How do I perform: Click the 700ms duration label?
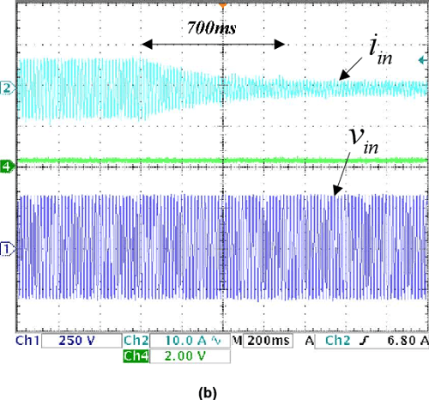[x=212, y=28]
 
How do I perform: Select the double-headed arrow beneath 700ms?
[x=213, y=44]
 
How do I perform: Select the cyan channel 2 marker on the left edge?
[x=8, y=88]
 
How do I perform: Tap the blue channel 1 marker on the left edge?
[x=8, y=249]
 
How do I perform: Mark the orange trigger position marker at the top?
[x=222, y=5]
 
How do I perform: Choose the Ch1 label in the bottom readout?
[x=28, y=342]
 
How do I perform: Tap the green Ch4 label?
[x=137, y=355]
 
